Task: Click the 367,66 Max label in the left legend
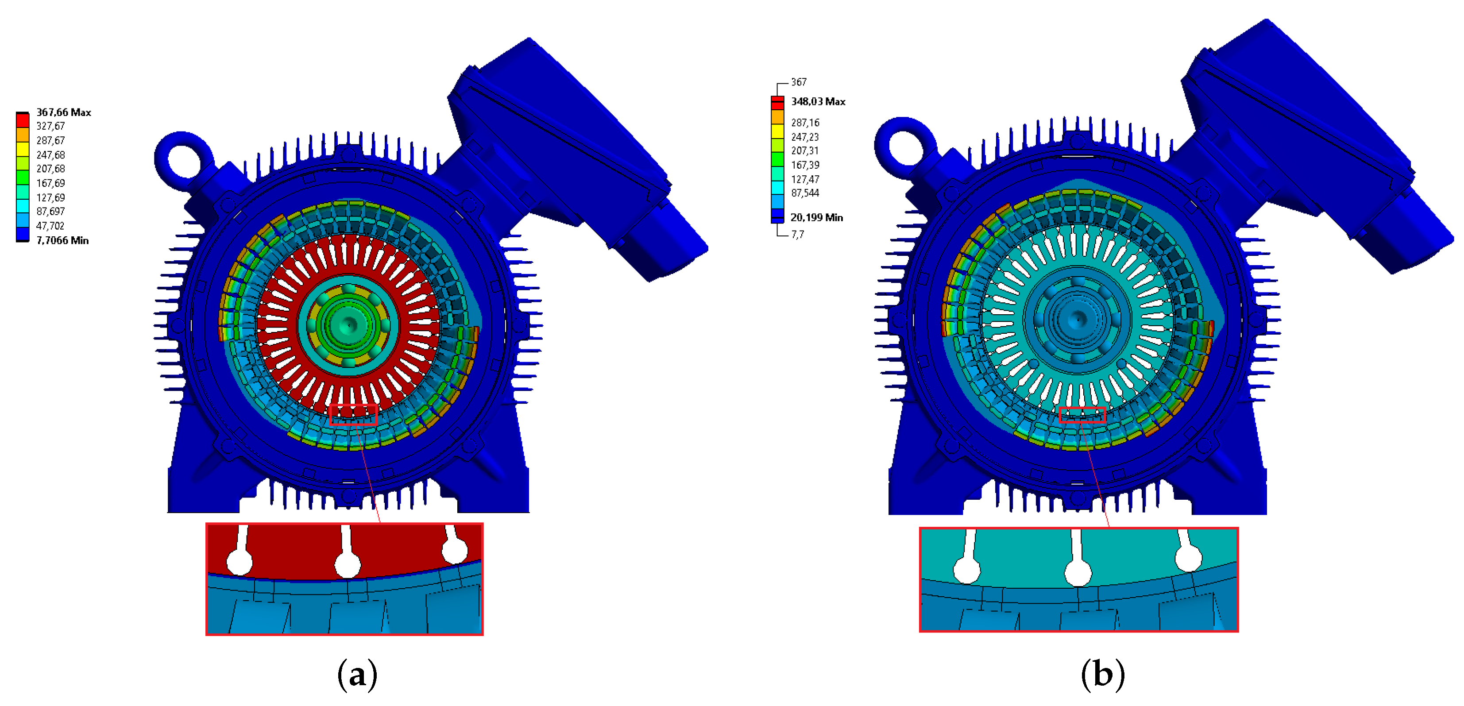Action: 64,112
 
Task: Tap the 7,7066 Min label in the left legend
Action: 62,240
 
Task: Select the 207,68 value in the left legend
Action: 50,169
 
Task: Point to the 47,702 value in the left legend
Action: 50,226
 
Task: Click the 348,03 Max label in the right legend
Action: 819,101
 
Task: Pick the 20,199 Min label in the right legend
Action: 817,217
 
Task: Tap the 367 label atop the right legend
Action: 799,82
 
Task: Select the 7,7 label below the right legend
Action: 797,234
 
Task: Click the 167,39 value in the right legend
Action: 805,165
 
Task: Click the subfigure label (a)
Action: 357,675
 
